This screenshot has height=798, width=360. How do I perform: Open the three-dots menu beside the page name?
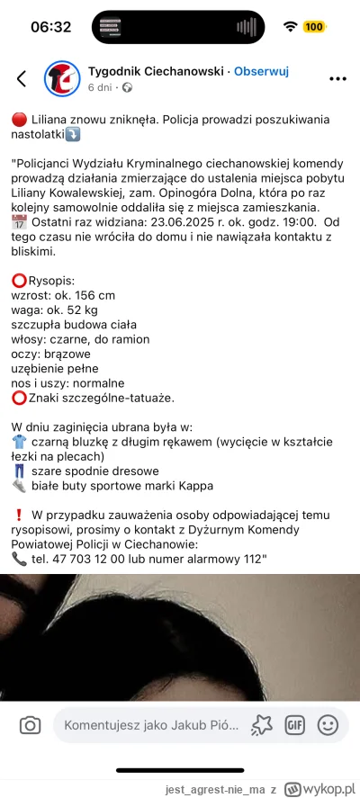pyautogui.click(x=337, y=78)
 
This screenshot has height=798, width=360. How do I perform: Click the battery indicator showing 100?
pyautogui.click(x=314, y=27)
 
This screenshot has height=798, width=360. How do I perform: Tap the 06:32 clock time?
pyautogui.click(x=50, y=27)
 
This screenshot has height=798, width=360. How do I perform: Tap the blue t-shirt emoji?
pyautogui.click(x=19, y=442)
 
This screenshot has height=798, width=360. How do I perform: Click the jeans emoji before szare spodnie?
pyautogui.click(x=19, y=471)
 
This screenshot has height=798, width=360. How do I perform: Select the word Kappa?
pyautogui.click(x=195, y=485)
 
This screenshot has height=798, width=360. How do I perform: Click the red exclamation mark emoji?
pyautogui.click(x=19, y=515)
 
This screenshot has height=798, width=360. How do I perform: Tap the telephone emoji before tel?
pyautogui.click(x=19, y=558)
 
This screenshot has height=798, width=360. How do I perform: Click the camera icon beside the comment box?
pyautogui.click(x=30, y=724)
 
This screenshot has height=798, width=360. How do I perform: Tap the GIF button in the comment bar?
pyautogui.click(x=294, y=724)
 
